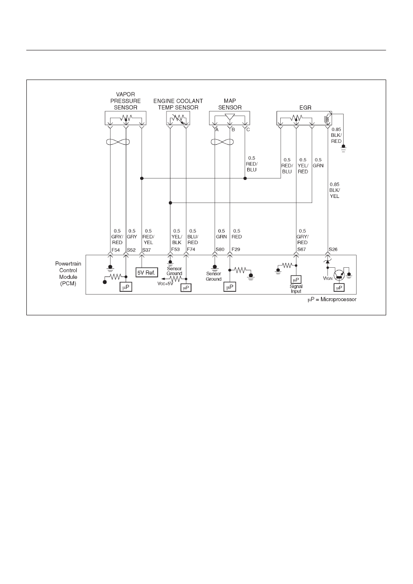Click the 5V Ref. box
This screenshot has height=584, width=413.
tap(147, 272)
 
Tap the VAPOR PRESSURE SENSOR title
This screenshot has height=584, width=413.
tap(125, 101)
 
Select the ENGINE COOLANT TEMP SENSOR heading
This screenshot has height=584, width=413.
tap(178, 104)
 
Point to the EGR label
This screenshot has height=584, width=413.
tap(305, 107)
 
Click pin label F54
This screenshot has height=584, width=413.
tap(116, 250)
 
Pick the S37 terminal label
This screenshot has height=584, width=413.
tap(147, 250)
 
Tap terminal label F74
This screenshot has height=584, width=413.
tap(191, 249)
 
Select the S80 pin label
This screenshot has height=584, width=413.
tap(220, 249)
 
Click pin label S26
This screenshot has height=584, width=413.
tap(333, 249)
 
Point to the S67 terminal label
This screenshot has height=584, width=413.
tap(302, 249)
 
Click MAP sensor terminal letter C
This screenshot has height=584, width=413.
tap(248, 129)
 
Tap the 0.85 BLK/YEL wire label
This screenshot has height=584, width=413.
tap(334, 191)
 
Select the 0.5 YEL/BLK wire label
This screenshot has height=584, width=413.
tap(177, 237)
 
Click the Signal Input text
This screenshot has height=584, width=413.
tap(296, 289)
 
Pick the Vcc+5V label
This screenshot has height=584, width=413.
tap(165, 283)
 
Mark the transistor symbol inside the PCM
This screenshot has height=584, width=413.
tap(339, 275)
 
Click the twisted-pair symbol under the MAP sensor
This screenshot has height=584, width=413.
tap(222, 142)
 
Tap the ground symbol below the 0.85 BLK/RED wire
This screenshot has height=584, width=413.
tap(343, 148)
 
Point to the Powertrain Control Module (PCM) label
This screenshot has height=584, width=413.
tap(68, 274)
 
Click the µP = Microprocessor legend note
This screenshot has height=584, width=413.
tap(332, 300)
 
